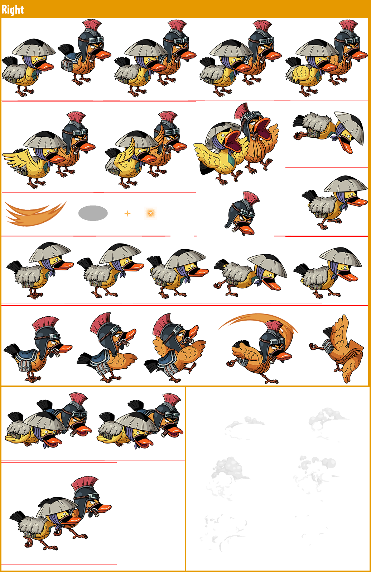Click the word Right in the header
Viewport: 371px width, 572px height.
tap(13, 9)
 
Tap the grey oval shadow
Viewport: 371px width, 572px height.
tap(93, 213)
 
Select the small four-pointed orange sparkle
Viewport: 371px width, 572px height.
tap(127, 213)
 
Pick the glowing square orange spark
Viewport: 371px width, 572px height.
tap(150, 213)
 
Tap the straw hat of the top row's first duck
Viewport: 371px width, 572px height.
tap(34, 47)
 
